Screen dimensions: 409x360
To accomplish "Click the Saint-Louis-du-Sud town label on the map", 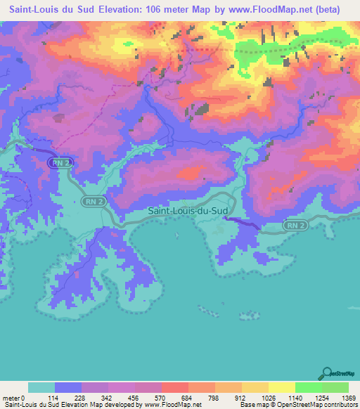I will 187,210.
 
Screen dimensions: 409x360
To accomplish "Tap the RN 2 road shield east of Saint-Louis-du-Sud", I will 296,226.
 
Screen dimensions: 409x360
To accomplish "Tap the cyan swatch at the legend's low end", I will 41,387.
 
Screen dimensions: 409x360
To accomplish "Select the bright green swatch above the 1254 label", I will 308,387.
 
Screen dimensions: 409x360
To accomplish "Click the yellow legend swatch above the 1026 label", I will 255,387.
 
